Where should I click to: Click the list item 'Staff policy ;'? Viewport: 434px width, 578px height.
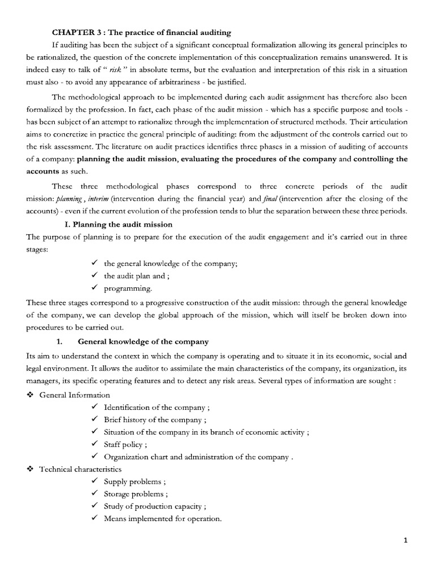[125, 445]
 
